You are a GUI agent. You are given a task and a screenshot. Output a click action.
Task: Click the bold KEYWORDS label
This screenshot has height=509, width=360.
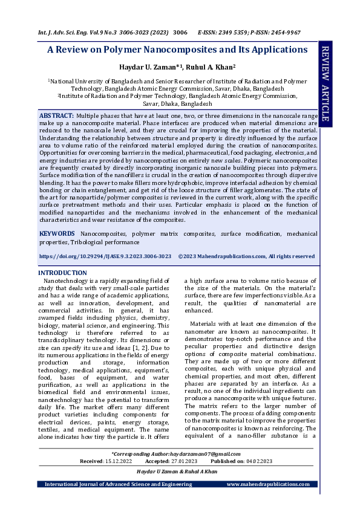(x=57, y=233)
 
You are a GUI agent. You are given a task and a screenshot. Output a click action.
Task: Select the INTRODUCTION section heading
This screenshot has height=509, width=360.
(x=63, y=273)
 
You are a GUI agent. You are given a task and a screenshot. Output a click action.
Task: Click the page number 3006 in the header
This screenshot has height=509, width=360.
(x=180, y=32)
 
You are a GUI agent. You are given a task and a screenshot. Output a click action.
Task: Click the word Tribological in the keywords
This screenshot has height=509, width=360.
(x=88, y=241)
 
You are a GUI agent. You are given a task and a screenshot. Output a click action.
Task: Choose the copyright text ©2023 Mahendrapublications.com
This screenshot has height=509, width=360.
(x=246, y=256)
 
